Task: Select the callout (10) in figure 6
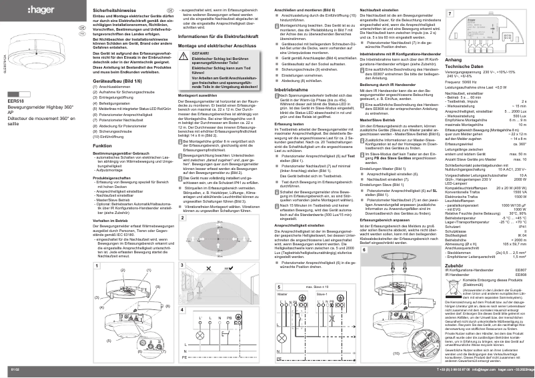(395, 353)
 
